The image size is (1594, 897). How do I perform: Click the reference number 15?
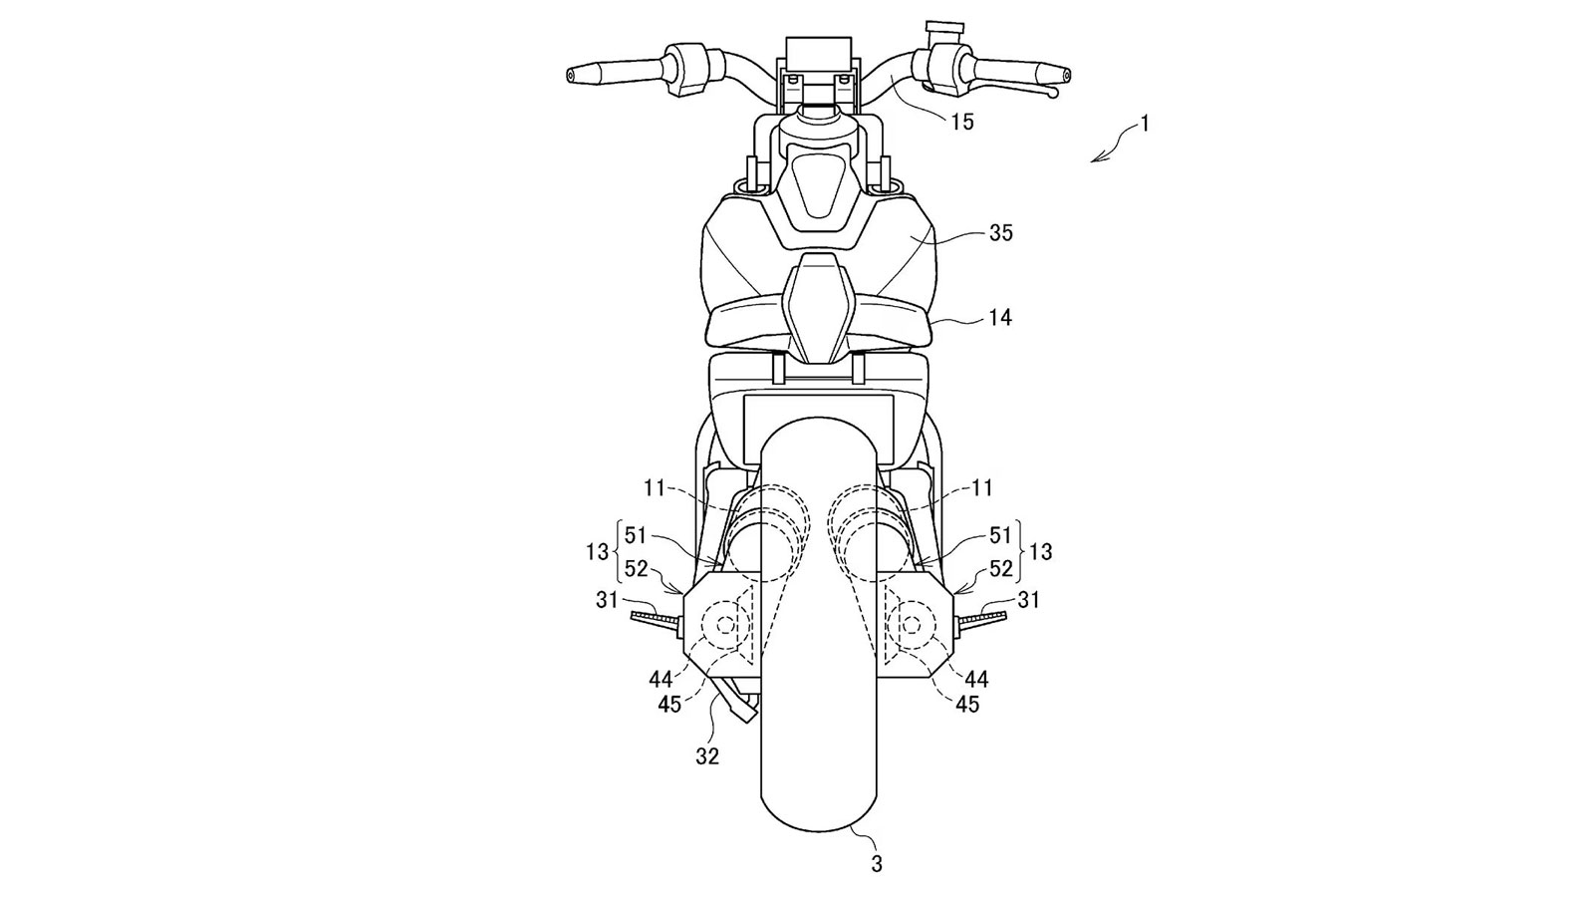coord(962,123)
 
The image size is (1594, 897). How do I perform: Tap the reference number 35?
coord(1000,233)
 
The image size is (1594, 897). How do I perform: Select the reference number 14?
coord(1000,318)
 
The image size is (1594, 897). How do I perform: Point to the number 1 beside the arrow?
coord(1145,124)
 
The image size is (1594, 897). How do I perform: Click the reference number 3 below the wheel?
coord(877,864)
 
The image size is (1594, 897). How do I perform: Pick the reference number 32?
coord(707,756)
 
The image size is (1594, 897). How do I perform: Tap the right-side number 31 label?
coord(1027,599)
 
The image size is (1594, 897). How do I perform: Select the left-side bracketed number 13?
coord(597,551)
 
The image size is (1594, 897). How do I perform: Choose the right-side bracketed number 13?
coord(1041,551)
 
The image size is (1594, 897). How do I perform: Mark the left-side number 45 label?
coord(669,705)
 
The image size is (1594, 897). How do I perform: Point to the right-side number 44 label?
coord(976,679)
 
